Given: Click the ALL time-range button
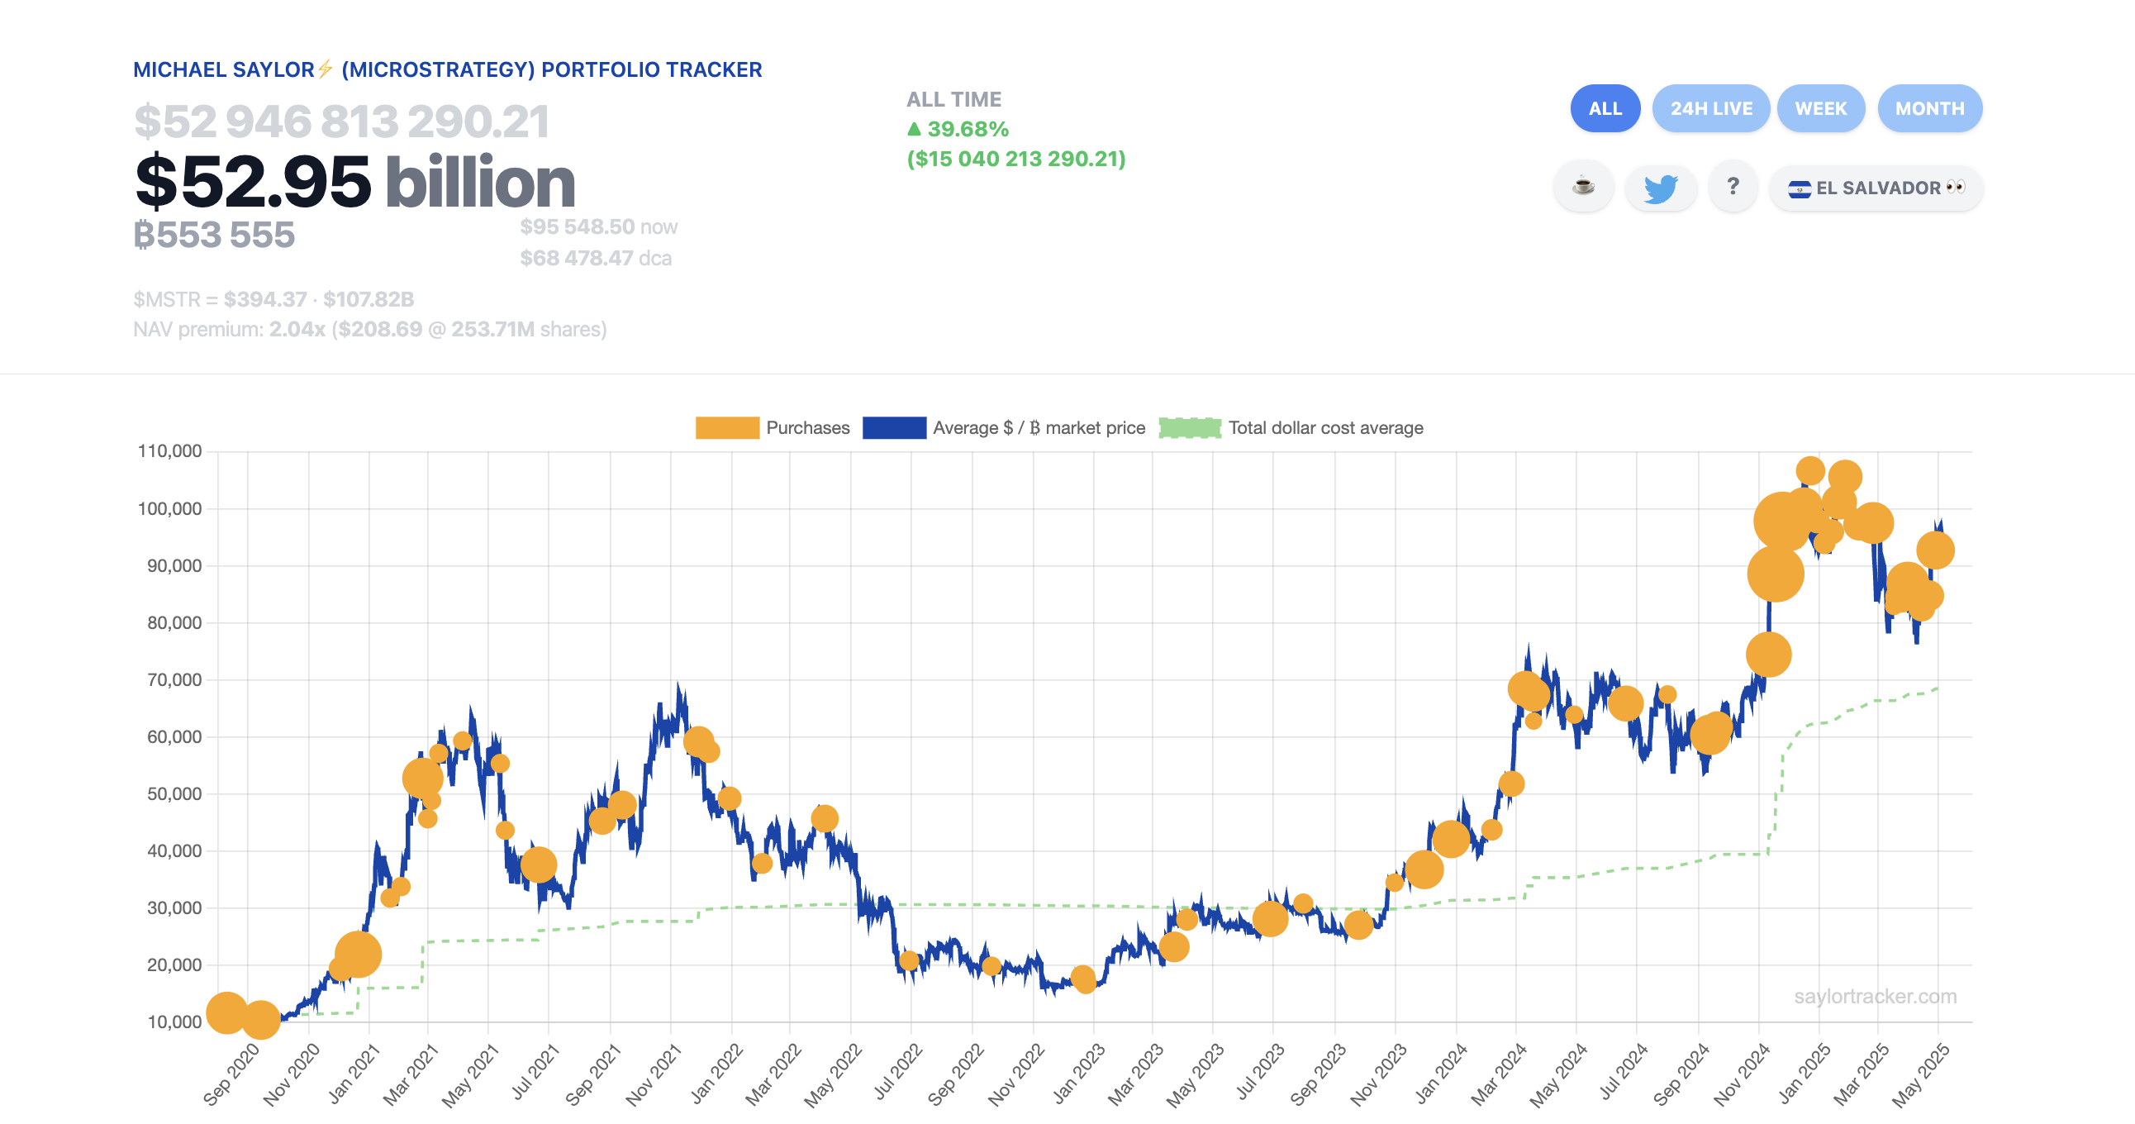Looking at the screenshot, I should (1605, 108).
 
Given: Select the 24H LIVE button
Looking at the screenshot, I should (1710, 108).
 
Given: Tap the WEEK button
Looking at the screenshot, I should (1820, 108).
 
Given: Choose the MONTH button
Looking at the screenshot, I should (1929, 108).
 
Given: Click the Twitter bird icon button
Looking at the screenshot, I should (1660, 188).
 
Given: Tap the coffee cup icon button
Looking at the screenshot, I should (1583, 188).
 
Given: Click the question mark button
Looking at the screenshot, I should (1732, 188).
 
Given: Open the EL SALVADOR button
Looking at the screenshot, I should (1876, 188).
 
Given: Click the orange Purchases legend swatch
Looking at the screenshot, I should (727, 428).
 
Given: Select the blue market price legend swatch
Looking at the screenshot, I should (893, 428).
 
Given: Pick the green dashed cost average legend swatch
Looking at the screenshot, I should (1189, 428).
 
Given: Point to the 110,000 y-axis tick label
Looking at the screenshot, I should (170, 451).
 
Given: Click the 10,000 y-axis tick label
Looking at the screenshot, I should (174, 1022).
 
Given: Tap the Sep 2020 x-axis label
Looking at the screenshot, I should (231, 1074).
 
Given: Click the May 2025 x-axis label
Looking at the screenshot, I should (1920, 1074).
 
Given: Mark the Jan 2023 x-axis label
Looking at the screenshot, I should (1078, 1074).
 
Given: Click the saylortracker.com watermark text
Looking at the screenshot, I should (1875, 997).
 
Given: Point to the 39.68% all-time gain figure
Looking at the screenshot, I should (967, 129).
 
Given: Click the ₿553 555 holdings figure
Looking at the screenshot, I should (214, 236).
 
